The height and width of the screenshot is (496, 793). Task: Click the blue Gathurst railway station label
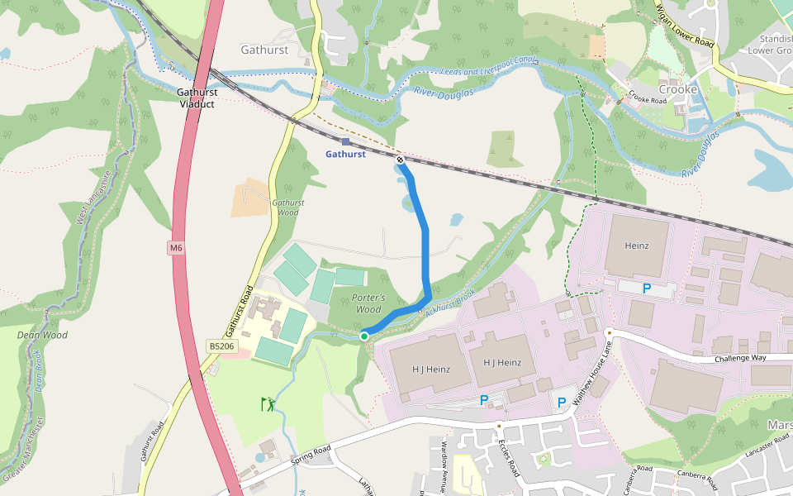click(x=345, y=155)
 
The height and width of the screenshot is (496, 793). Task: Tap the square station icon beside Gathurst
click(x=345, y=141)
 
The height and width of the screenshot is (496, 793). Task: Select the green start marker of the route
click(x=364, y=336)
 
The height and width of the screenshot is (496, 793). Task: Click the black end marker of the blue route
click(x=400, y=160)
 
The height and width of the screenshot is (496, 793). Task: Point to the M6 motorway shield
click(x=175, y=248)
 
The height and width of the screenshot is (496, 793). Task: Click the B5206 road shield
click(x=222, y=347)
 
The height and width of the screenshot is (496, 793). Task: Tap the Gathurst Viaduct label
click(x=197, y=98)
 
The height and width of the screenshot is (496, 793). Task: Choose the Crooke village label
click(x=677, y=89)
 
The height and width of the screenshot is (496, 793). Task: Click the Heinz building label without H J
click(x=636, y=246)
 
